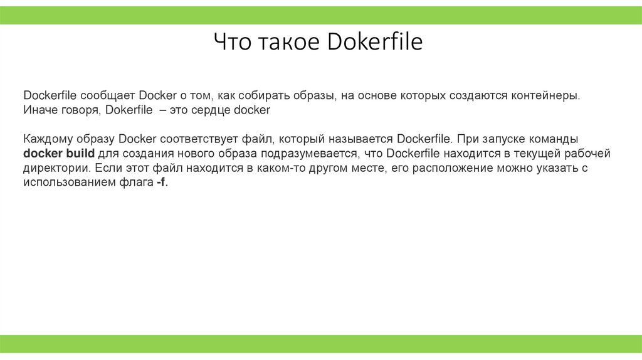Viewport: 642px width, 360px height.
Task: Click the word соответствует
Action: coord(204,139)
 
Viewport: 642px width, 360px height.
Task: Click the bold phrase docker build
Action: coord(59,154)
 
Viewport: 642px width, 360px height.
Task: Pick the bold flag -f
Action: coord(162,183)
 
